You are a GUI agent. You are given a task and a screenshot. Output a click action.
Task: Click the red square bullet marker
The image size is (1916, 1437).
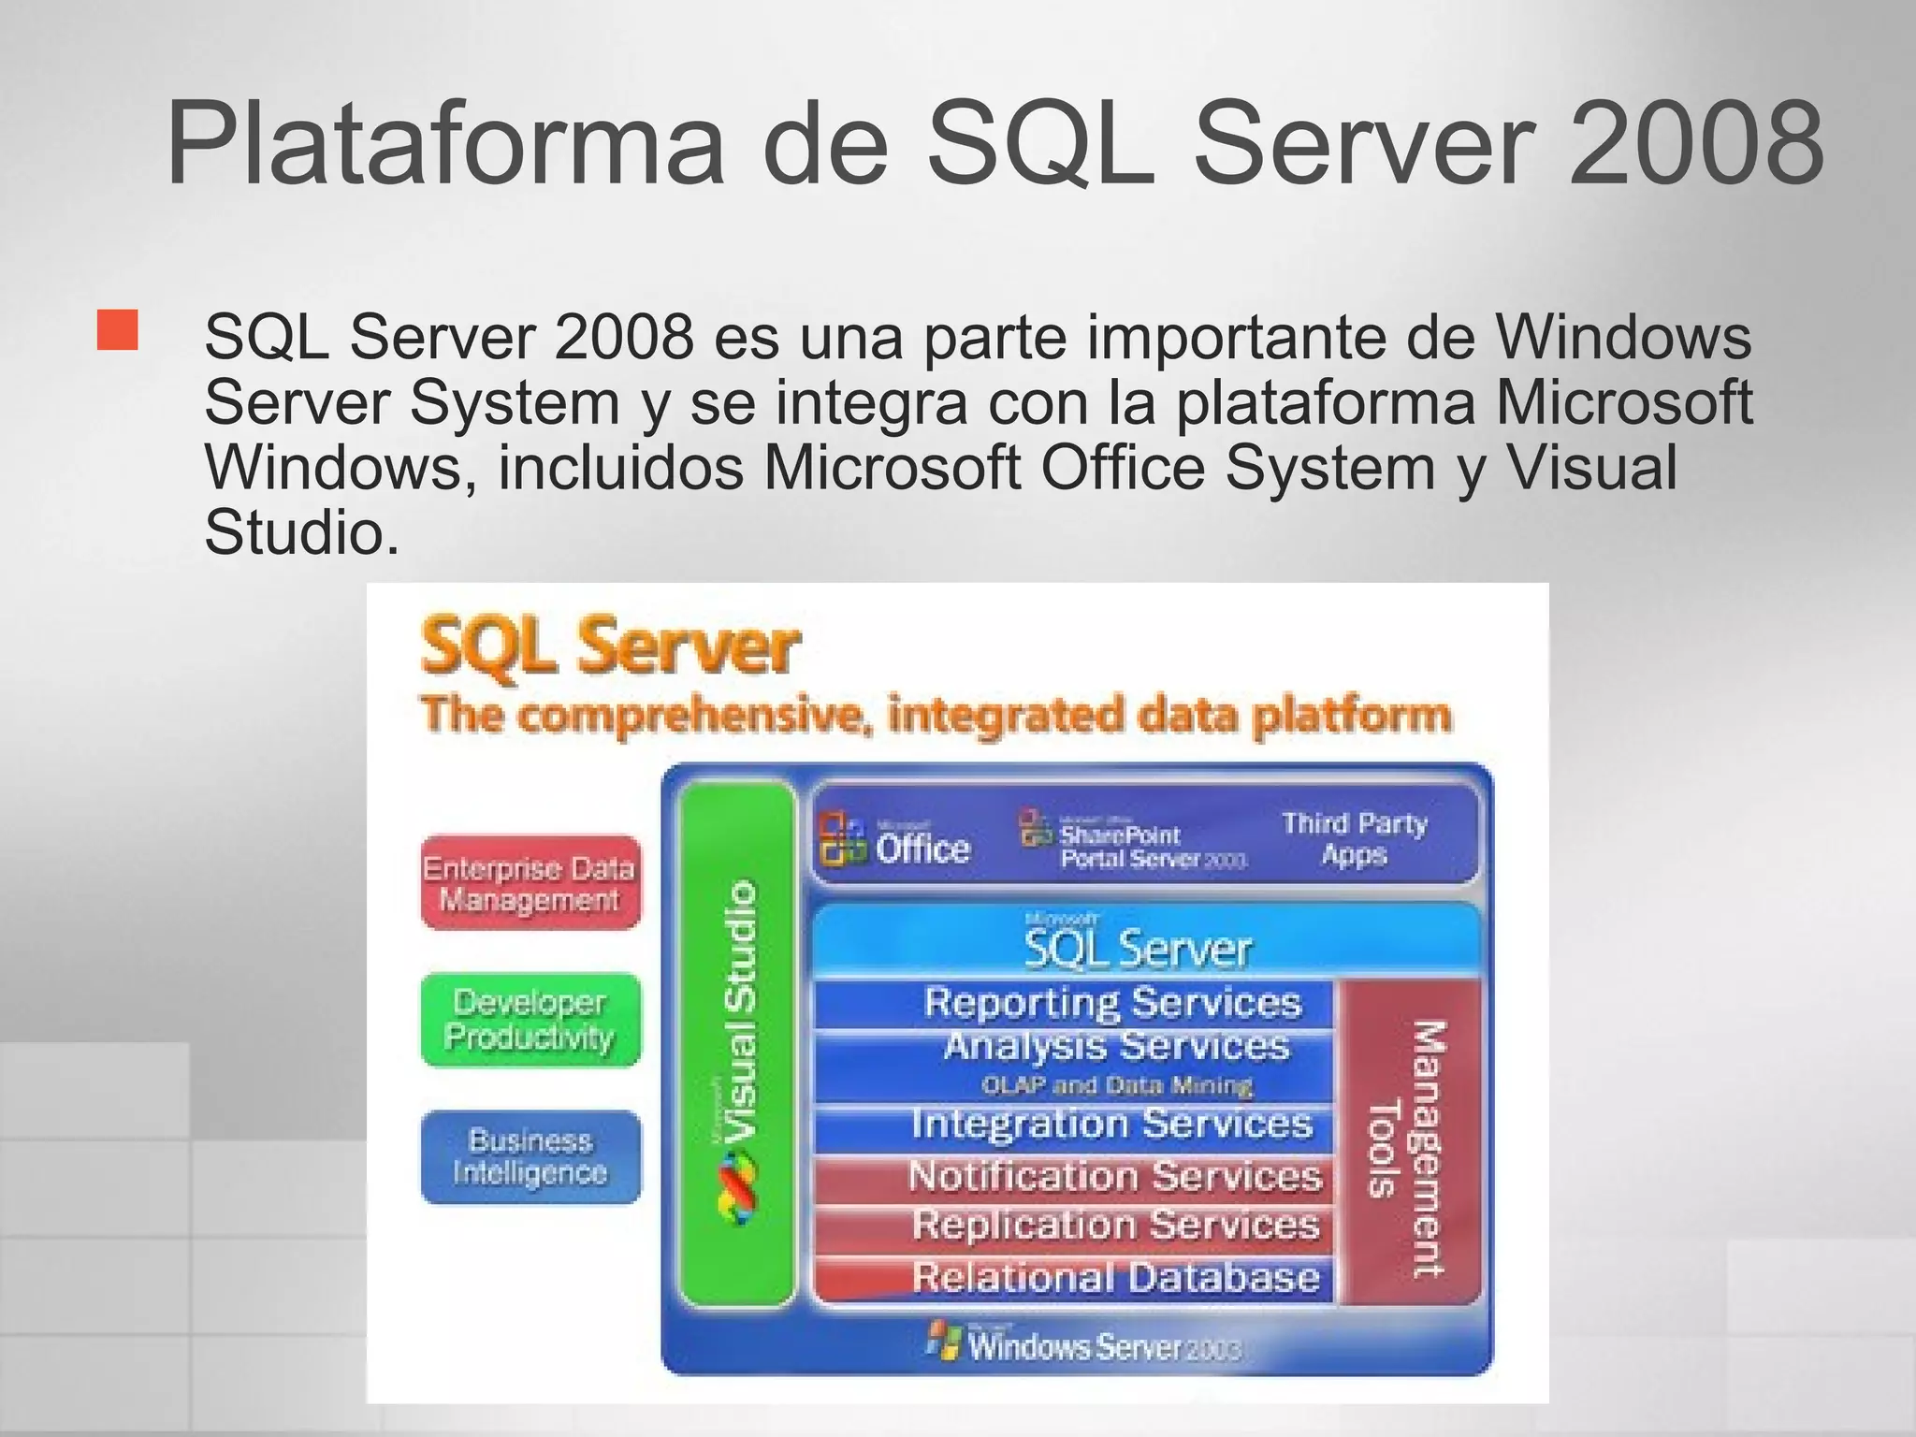[x=117, y=330]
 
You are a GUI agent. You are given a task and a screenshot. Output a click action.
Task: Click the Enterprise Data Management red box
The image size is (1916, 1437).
[x=530, y=883]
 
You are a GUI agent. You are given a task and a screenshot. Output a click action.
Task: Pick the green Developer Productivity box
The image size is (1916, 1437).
[x=530, y=1020]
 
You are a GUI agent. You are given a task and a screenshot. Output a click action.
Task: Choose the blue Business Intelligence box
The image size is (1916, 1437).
[x=530, y=1156]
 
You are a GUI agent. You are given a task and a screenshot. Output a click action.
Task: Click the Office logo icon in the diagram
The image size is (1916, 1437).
[x=842, y=838]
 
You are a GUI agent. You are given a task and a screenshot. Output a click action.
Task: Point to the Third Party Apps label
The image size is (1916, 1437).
[x=1354, y=839]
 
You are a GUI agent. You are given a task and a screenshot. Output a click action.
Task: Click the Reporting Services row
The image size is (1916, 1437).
[x=1111, y=1003]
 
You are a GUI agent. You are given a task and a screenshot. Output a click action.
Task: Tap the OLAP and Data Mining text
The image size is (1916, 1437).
[x=1116, y=1086]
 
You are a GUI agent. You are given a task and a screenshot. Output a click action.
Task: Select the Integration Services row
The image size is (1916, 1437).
[x=1111, y=1125]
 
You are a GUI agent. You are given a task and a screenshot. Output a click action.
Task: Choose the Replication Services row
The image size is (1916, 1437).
[x=1114, y=1226]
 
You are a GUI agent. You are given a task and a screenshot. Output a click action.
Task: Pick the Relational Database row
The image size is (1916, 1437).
[x=1114, y=1278]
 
